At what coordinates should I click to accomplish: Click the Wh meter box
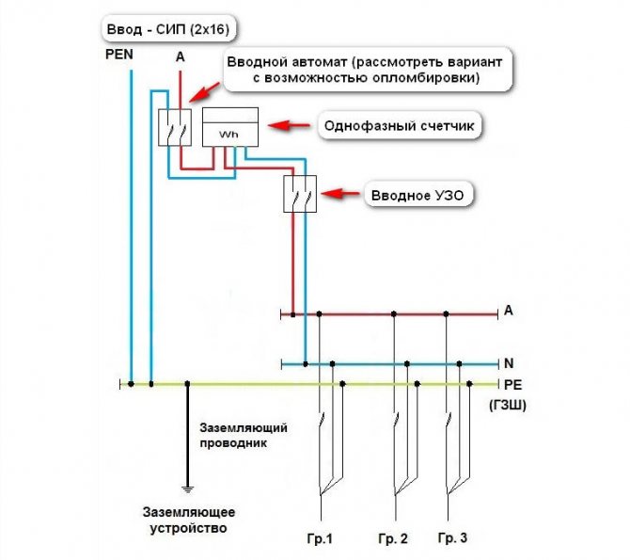point(230,126)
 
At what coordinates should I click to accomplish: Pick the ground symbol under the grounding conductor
point(188,488)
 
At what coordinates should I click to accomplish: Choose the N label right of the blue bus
point(508,362)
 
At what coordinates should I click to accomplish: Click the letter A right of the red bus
point(508,310)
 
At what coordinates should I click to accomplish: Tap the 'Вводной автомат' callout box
point(369,70)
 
